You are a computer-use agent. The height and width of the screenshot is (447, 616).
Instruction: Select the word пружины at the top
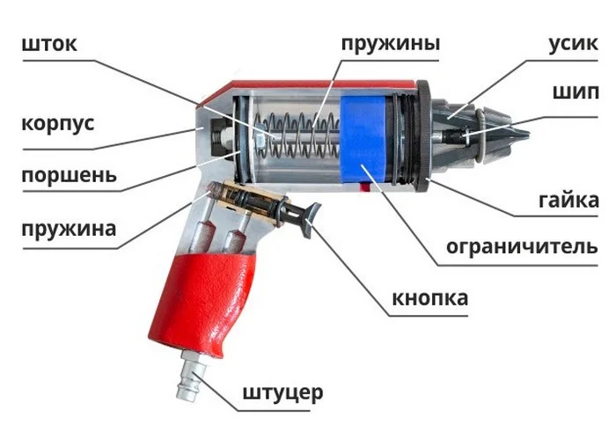click(x=390, y=43)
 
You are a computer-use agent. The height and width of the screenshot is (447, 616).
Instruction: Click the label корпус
click(x=57, y=123)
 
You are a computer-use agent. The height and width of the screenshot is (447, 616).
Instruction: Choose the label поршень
click(x=68, y=174)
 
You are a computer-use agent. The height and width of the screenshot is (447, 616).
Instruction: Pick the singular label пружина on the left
click(x=68, y=230)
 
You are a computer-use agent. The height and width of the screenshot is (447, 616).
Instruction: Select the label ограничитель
click(x=521, y=245)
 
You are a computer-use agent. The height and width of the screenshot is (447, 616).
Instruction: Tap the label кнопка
click(x=430, y=298)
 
